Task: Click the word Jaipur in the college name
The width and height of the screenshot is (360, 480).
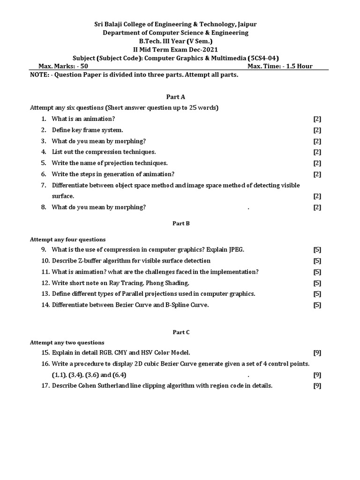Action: click(245, 24)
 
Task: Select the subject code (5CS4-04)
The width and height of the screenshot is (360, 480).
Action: click(263, 58)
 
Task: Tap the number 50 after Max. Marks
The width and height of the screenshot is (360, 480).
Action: click(84, 66)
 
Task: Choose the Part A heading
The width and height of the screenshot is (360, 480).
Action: click(176, 97)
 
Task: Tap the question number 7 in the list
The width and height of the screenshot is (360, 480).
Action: click(43, 185)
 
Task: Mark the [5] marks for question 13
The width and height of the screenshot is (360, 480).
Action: click(317, 294)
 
